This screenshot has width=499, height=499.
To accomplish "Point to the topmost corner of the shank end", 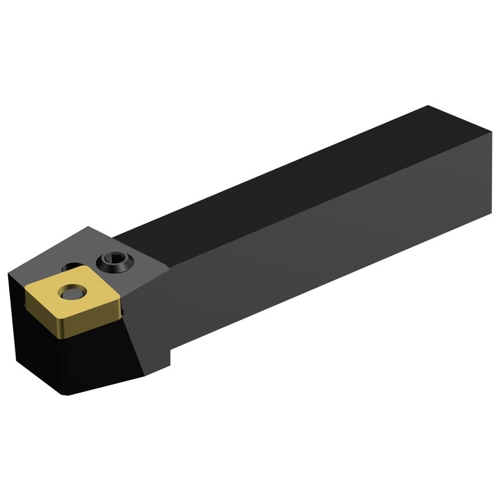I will click(x=428, y=106).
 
